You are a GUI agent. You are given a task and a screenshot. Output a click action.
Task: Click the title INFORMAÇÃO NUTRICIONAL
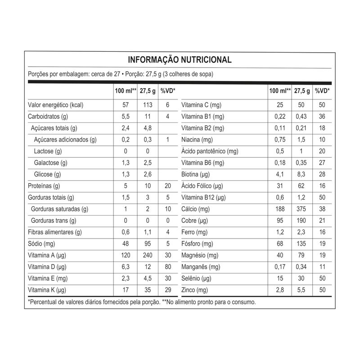click(x=180, y=60)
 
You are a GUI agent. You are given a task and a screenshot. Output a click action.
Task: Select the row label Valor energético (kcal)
click(x=56, y=105)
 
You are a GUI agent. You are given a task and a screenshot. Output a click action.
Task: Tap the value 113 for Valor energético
click(x=147, y=105)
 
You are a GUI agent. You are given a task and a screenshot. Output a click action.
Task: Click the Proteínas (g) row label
click(x=44, y=186)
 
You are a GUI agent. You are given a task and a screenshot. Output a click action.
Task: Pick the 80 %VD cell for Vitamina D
click(x=167, y=267)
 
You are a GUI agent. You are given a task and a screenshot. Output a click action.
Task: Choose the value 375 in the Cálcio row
click(x=301, y=209)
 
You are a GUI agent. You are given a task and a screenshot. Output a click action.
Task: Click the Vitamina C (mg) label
click(x=201, y=105)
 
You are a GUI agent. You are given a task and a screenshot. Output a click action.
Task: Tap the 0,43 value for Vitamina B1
click(x=301, y=117)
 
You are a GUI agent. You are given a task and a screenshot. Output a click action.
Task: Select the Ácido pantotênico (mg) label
click(x=210, y=151)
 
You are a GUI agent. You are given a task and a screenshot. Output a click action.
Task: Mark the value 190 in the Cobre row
click(x=301, y=220)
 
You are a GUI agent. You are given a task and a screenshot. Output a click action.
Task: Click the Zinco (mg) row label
click(x=195, y=290)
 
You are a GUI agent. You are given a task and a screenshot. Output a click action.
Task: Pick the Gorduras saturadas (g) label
click(x=59, y=209)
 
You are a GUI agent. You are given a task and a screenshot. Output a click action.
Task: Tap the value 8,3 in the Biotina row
click(x=301, y=175)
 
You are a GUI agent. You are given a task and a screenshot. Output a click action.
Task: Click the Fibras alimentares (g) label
click(x=54, y=232)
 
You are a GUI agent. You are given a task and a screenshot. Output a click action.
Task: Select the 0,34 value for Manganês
click(x=301, y=267)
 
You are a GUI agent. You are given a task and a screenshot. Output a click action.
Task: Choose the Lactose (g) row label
click(x=48, y=151)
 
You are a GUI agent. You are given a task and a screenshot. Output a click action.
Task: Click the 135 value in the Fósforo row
click(x=301, y=244)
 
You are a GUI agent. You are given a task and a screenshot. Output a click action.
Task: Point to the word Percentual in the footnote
click(x=45, y=302)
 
